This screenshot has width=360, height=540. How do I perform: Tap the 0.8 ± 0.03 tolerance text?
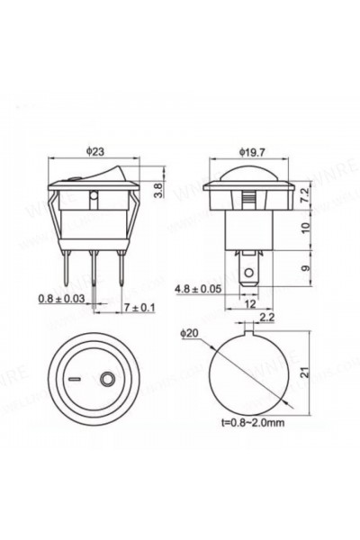[x=58, y=298]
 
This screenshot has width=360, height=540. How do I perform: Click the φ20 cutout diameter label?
[x=189, y=334]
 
